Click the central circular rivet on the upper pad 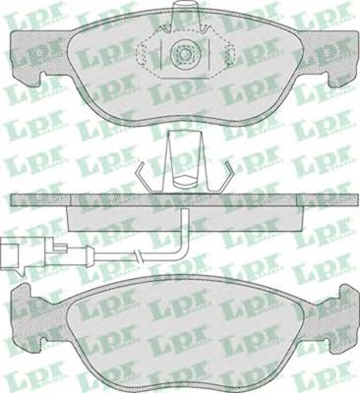(184, 54)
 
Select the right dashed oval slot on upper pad (230, 54)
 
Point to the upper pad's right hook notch (330, 80)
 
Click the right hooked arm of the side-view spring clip (226, 177)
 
